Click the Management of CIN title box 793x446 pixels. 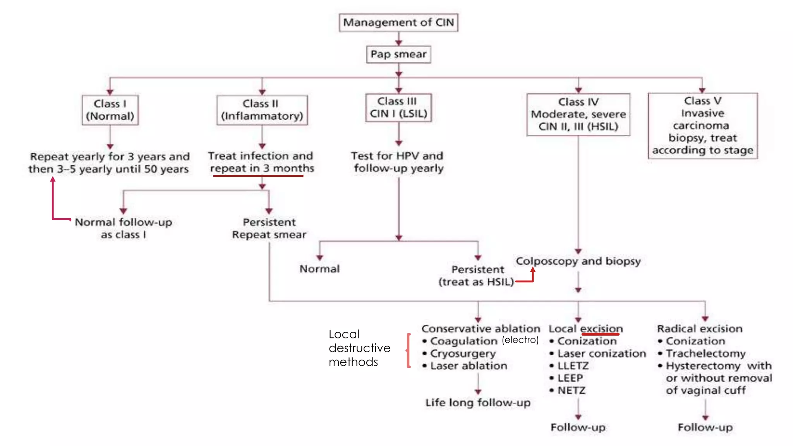[398, 22]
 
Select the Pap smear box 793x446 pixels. [398, 54]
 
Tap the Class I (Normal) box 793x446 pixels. [110, 110]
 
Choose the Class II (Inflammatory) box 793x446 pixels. [262, 110]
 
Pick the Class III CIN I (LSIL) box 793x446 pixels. [398, 108]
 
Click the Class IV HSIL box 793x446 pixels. [578, 114]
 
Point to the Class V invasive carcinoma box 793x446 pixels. [702, 125]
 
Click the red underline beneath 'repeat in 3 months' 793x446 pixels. [258, 176]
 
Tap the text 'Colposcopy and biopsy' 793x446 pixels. [578, 261]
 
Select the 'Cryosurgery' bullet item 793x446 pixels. [463, 353]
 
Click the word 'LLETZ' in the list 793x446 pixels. [573, 366]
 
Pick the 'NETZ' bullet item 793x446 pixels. [571, 391]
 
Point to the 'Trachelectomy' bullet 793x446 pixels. [705, 353]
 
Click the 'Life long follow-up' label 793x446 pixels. [478, 403]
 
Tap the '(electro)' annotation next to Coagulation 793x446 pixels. [520, 340]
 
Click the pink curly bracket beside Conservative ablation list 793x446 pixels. [408, 350]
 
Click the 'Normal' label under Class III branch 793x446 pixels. [319, 269]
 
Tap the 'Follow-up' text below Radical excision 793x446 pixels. [705, 427]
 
